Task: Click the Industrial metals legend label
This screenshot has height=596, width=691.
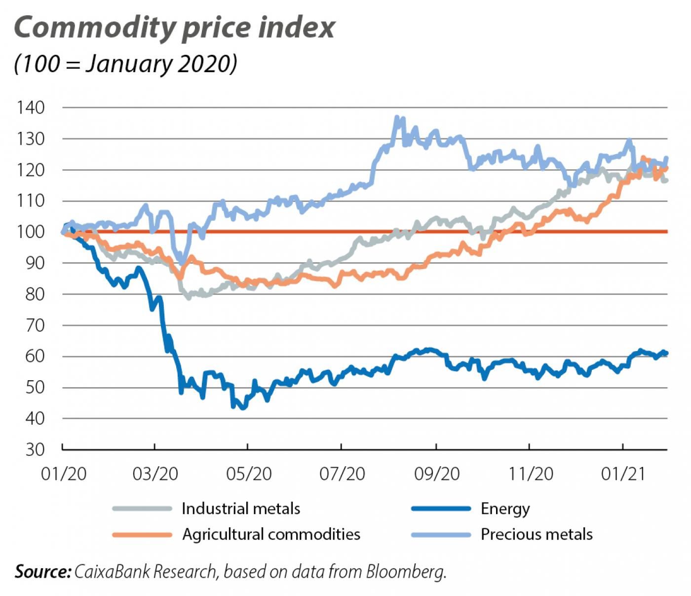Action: coord(240,509)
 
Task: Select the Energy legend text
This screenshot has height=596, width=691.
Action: coord(505,509)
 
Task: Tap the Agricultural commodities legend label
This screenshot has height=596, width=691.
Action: coord(271,534)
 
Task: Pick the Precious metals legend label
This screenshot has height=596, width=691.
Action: coord(537,534)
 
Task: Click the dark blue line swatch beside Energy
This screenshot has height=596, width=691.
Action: coord(441,509)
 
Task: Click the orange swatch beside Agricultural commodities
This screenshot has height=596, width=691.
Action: coord(142,534)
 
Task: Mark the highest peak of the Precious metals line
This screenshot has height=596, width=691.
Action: coord(397,118)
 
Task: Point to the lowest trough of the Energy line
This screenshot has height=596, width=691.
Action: coord(242,408)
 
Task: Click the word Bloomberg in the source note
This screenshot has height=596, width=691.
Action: coord(406,572)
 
